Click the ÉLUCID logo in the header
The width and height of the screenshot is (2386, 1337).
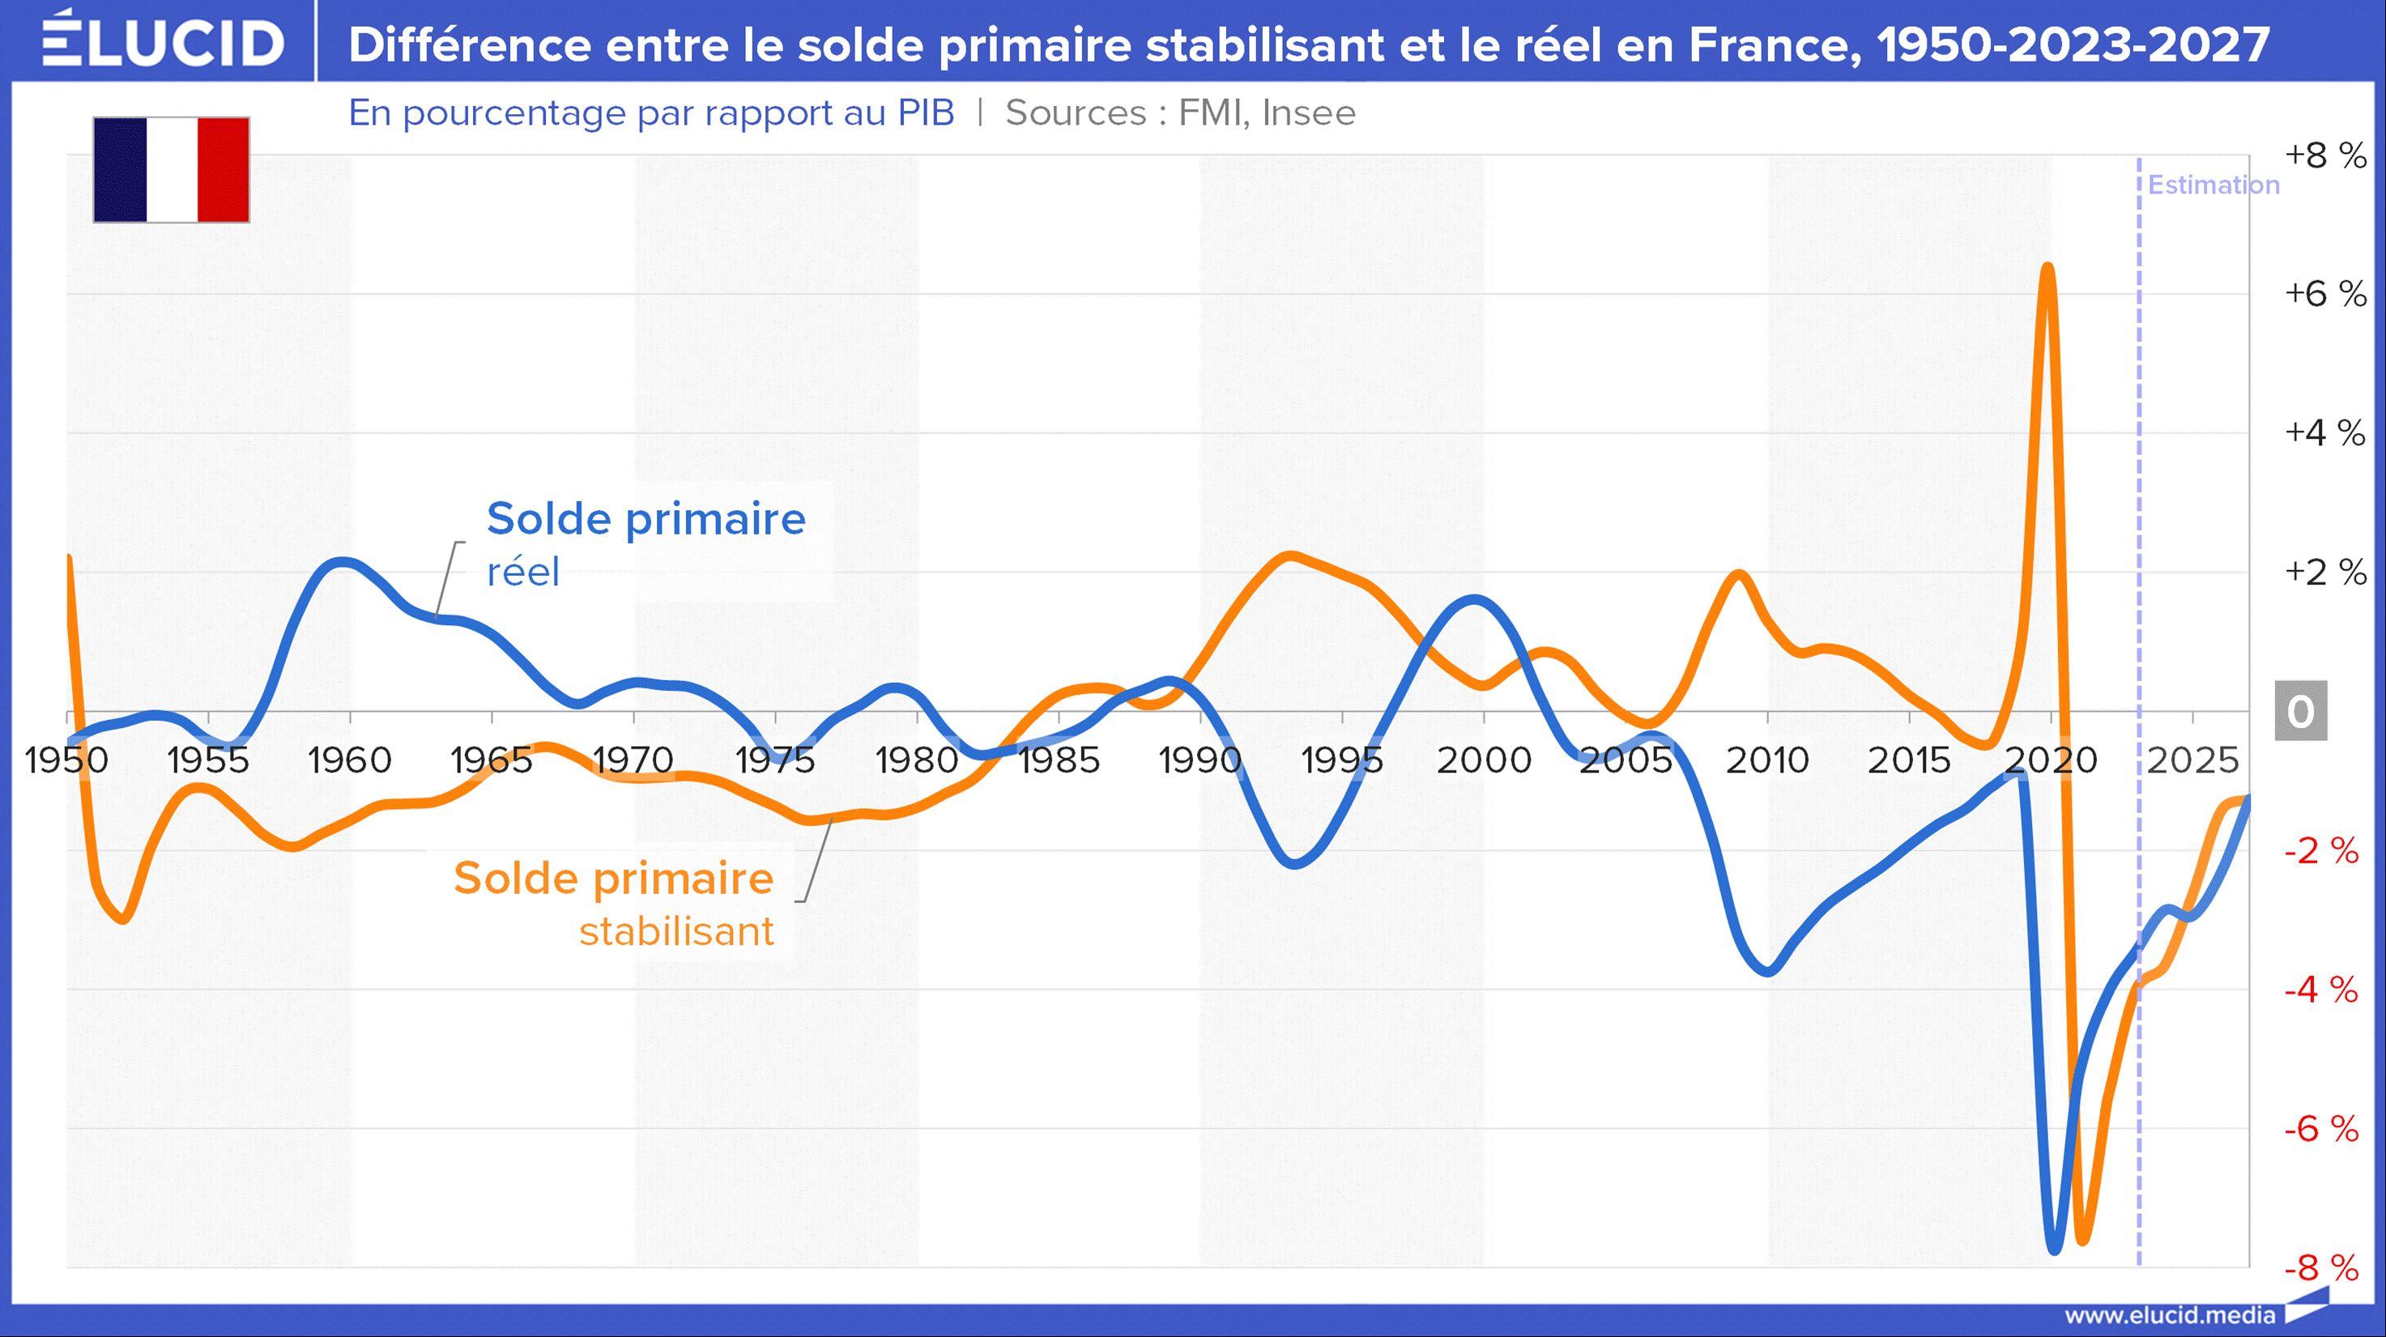[162, 40]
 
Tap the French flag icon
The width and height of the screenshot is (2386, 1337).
[172, 169]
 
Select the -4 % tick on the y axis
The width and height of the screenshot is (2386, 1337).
[2321, 990]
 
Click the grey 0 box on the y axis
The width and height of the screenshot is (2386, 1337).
[2301, 711]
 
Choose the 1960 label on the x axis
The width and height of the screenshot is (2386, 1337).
[349, 760]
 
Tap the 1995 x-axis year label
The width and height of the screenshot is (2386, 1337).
[1341, 760]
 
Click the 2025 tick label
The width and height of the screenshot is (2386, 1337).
[2192, 760]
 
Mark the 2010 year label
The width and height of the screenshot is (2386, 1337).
[1766, 760]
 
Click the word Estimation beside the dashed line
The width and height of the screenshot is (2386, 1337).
[2213, 185]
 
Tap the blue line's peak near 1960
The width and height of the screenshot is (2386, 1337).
[342, 561]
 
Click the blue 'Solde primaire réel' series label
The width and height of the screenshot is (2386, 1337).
[645, 542]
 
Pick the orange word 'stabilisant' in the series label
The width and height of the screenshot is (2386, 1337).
[676, 931]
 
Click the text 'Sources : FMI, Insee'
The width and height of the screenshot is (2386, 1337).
[1180, 113]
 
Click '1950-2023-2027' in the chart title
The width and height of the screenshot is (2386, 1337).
[2073, 45]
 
